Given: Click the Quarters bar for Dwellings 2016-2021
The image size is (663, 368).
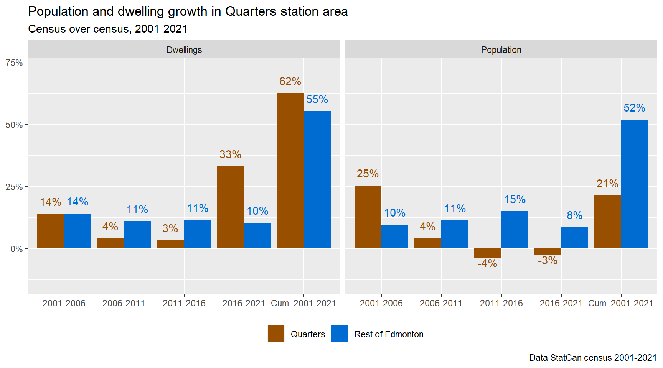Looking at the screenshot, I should tap(230, 207).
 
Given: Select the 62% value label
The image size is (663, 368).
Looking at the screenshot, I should tap(290, 81).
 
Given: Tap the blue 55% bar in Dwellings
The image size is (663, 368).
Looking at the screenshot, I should tap(317, 180).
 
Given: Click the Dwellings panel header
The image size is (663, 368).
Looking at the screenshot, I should tap(184, 50).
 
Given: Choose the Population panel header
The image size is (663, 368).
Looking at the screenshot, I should tap(501, 50).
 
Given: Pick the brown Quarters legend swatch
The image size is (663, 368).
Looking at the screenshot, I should tap(276, 333).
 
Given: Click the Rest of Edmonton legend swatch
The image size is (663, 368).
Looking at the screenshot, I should tap(340, 333).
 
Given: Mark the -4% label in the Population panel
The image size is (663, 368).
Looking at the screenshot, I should tap(487, 264).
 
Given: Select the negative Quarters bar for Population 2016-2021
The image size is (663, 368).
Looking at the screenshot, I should tap(548, 252).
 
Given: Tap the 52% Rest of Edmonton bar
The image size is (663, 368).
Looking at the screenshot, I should tap(635, 184).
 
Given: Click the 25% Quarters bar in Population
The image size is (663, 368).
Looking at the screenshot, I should tap(368, 217).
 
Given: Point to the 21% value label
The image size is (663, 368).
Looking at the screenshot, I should tap(607, 184).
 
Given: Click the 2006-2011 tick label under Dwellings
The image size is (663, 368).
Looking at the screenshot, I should tap(124, 303).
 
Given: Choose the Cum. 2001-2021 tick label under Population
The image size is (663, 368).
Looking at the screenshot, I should tap(621, 303).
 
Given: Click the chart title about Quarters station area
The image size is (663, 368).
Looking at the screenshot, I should tap(188, 11).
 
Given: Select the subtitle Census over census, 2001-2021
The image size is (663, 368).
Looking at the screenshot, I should tap(108, 29).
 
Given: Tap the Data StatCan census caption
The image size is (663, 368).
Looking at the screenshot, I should tap(593, 358).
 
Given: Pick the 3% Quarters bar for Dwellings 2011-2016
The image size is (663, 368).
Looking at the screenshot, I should tap(170, 245).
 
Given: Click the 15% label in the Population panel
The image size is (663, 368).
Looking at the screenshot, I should tap(515, 199).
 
